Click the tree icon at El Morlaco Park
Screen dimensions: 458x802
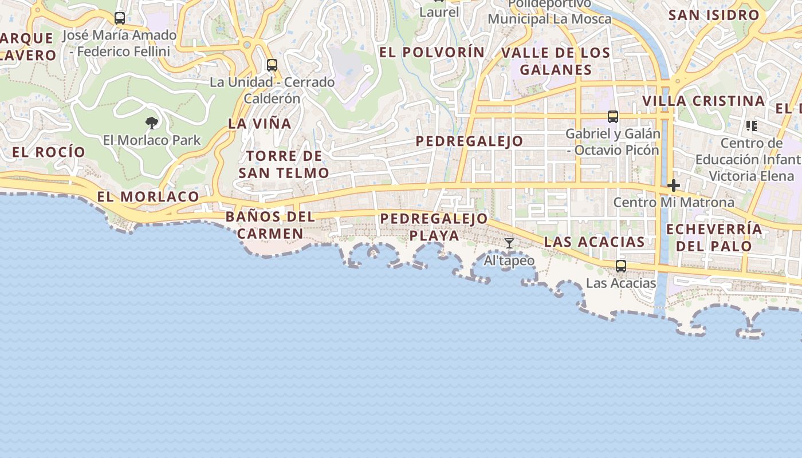(152, 123)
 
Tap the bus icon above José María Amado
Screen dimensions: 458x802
(119, 18)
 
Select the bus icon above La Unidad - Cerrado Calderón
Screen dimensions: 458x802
(272, 65)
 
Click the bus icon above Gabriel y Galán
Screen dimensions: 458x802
(613, 117)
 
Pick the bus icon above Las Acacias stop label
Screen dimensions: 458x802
(621, 266)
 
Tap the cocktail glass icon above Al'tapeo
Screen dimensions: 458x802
(509, 243)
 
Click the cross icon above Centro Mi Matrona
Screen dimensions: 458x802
(674, 185)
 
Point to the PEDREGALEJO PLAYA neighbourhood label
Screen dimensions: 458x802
(434, 227)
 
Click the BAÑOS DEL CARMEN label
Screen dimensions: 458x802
(270, 225)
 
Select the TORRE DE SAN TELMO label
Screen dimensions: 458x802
(284, 164)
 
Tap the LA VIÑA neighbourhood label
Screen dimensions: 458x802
(260, 124)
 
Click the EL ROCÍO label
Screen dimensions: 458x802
(49, 152)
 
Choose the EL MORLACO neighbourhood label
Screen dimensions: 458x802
(148, 197)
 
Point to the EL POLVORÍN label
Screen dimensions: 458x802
(432, 52)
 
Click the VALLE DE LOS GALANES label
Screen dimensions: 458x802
(556, 61)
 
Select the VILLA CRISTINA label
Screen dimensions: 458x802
(703, 101)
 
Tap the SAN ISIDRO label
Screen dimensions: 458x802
(714, 15)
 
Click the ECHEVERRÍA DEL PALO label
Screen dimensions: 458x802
(714, 238)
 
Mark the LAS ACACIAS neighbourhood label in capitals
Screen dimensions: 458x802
(595, 242)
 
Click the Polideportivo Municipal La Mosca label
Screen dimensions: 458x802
(549, 11)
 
